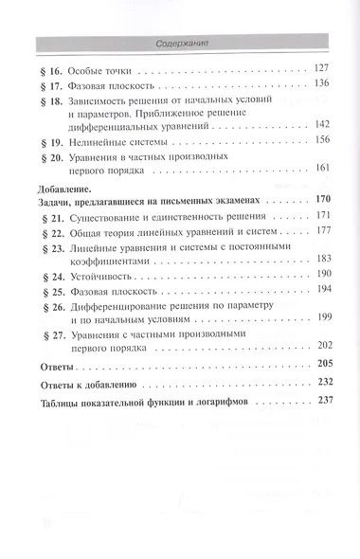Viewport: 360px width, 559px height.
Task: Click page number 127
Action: pyautogui.click(x=322, y=69)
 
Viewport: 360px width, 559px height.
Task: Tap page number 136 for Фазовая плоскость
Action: pyautogui.click(x=322, y=86)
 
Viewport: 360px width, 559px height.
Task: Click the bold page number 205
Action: pyautogui.click(x=322, y=445)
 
